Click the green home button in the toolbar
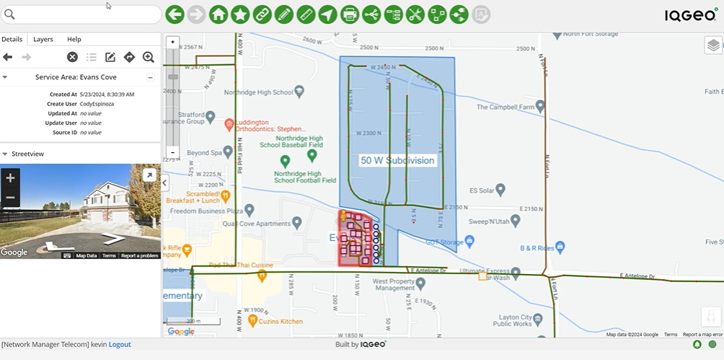[x=218, y=14]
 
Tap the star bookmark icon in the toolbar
[x=240, y=14]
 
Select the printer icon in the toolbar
[x=350, y=14]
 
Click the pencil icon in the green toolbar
[x=284, y=14]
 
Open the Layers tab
[x=43, y=39]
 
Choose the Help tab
[x=74, y=39]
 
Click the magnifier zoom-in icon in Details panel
[x=149, y=57]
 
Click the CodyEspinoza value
[x=97, y=104]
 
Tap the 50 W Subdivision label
[x=398, y=160]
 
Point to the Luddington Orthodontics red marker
[x=229, y=124]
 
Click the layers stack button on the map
[x=712, y=45]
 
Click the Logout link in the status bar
[x=120, y=345]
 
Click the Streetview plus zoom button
[x=10, y=177]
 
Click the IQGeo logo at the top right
[x=690, y=14]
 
